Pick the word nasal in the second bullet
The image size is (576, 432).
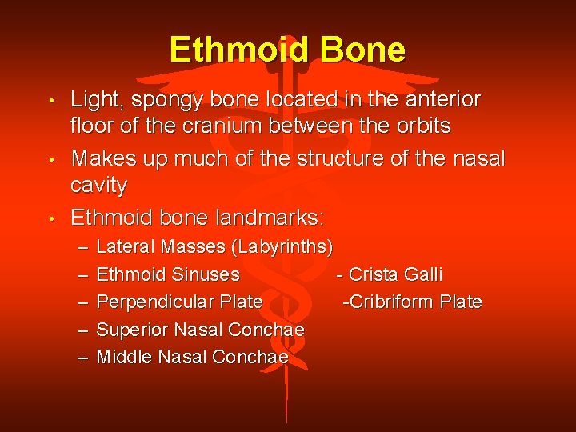pos(478,158)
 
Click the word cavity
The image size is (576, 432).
pos(98,185)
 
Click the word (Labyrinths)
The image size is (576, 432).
pos(281,246)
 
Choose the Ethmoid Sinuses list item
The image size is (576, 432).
pos(167,274)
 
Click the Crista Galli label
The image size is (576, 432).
pos(394,274)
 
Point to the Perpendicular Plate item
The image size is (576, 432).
pos(179,302)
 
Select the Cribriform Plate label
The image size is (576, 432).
pos(414,302)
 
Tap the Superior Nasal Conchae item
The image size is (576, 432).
pos(200,330)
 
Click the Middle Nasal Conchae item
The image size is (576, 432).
pos(191,357)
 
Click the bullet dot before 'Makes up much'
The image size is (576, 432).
pos(50,160)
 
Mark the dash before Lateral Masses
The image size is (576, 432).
pos(83,246)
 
